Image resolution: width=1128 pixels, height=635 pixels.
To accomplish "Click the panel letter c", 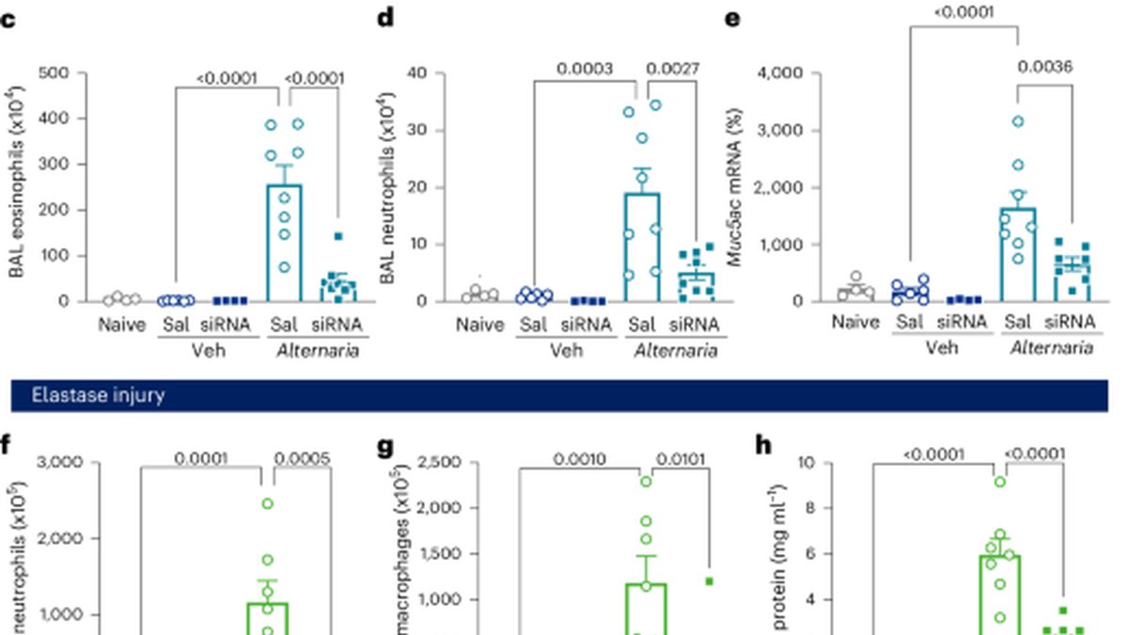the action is pyautogui.click(x=8, y=21).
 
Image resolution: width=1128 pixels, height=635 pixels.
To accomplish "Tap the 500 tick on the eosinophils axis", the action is pyautogui.click(x=54, y=73).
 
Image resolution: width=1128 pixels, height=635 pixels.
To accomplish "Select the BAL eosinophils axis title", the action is pyautogui.click(x=16, y=182).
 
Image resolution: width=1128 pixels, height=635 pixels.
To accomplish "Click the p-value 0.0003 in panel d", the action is pyautogui.click(x=585, y=69).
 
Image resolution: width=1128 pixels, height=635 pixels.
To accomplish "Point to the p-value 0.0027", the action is pyautogui.click(x=672, y=69).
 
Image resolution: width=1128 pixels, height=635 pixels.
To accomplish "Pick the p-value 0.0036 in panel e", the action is pyautogui.click(x=1045, y=67).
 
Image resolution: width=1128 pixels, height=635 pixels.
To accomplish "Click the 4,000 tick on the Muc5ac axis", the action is pyautogui.click(x=780, y=73).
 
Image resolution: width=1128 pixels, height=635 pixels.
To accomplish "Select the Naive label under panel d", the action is pyautogui.click(x=479, y=325).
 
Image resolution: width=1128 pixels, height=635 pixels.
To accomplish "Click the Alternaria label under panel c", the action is pyautogui.click(x=318, y=351).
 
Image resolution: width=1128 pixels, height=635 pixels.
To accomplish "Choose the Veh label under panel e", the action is pyautogui.click(x=942, y=348).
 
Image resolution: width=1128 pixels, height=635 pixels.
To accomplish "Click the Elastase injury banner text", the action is pyautogui.click(x=98, y=396).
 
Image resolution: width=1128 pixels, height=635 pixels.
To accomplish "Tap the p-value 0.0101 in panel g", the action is pyautogui.click(x=681, y=459).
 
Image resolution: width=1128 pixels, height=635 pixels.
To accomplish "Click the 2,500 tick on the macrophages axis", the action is pyautogui.click(x=440, y=462).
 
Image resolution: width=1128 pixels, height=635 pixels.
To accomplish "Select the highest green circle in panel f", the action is pyautogui.click(x=267, y=504).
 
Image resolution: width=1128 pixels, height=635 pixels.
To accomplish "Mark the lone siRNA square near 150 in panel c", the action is pyautogui.click(x=338, y=236).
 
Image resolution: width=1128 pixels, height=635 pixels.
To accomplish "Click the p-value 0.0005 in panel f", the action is pyautogui.click(x=302, y=459).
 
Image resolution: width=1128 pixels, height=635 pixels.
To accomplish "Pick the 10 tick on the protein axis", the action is pyautogui.click(x=807, y=462).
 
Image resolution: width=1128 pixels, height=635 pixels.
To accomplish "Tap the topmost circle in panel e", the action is pyautogui.click(x=1018, y=121).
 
